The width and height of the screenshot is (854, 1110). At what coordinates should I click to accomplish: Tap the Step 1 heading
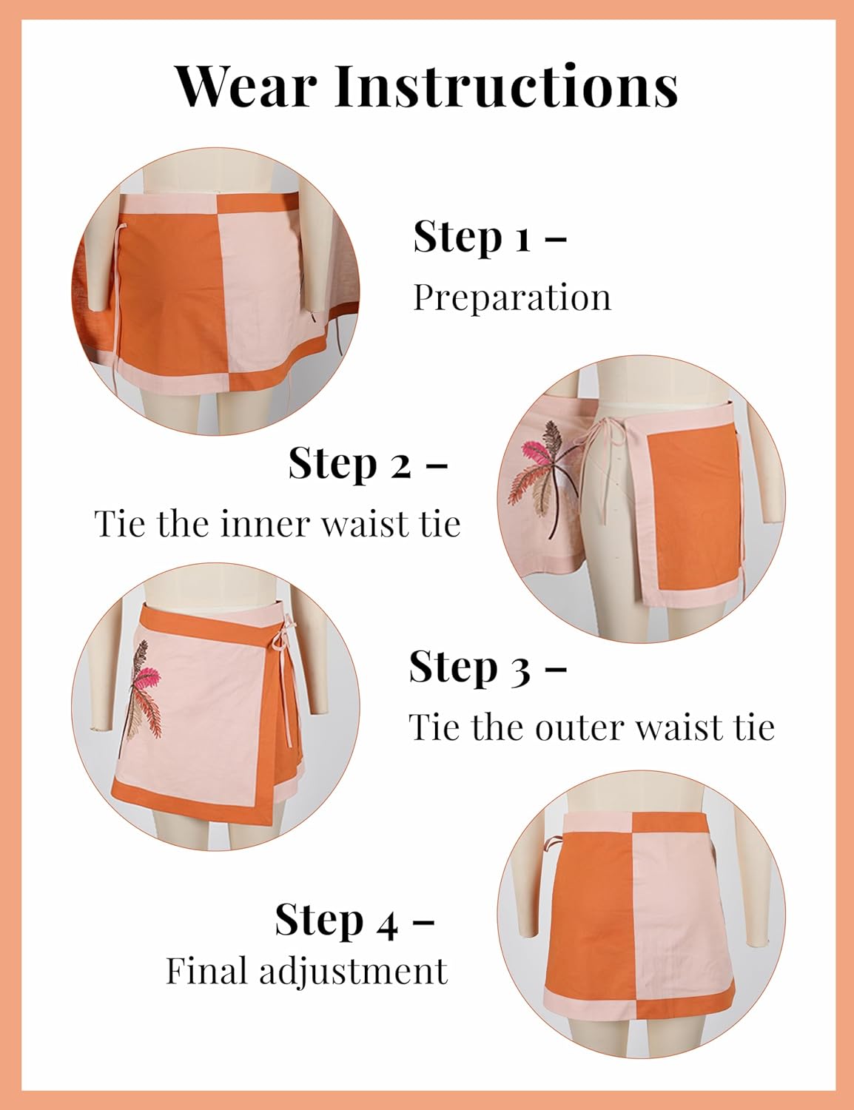point(489,237)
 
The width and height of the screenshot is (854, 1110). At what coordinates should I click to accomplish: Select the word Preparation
point(512,297)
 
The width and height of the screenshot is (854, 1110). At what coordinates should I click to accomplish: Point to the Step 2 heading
point(367,464)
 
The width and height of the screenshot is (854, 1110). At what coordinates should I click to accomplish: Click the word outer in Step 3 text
point(574,727)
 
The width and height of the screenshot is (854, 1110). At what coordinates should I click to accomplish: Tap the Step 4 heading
point(354,920)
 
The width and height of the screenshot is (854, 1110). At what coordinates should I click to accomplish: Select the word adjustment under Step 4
point(353,972)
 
